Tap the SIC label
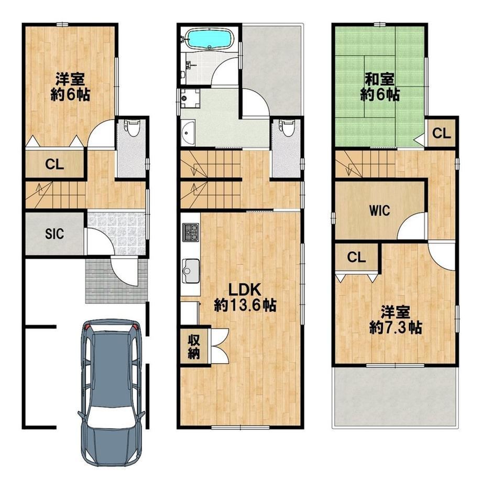54,233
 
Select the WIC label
380,211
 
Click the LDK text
245,290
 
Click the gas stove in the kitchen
191,232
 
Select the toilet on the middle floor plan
287,128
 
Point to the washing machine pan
190,99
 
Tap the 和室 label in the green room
380,79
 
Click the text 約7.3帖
396,327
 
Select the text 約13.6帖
245,305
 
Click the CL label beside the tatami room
442,134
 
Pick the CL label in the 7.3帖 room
356,258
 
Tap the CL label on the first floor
54,164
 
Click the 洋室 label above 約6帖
70,79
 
